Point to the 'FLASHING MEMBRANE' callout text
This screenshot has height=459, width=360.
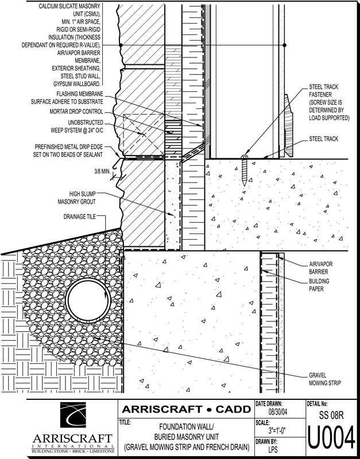72,97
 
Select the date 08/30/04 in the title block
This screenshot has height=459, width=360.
276,412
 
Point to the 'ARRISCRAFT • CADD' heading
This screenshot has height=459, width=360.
186,410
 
